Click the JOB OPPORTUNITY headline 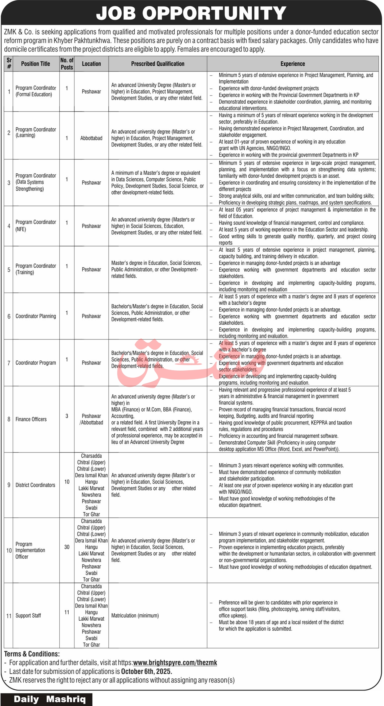tap(191, 13)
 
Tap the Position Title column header tap(35, 64)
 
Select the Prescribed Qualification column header tap(158, 64)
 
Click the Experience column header tap(293, 64)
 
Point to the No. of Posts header tap(67, 64)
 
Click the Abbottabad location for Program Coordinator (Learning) tap(91, 138)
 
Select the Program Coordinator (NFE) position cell tap(36, 225)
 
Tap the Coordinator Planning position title tap(36, 316)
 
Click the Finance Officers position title tap(31, 419)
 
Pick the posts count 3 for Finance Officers tap(67, 416)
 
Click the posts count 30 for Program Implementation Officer tap(67, 547)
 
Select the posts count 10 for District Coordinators tap(67, 481)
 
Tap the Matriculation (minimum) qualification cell tap(135, 615)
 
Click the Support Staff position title tap(28, 615)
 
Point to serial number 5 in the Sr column tap(9, 270)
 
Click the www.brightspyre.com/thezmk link tap(175, 663)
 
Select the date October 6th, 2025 tap(146, 671)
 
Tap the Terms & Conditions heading tap(32, 654)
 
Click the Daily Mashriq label tap(50, 699)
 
